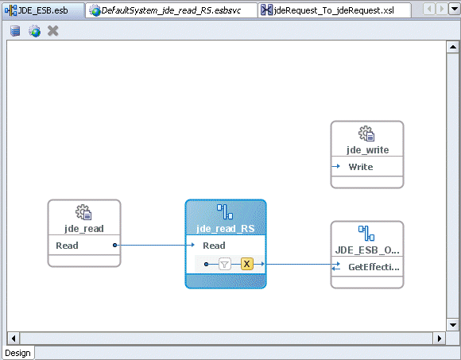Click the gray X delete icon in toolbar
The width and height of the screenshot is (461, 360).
[53, 31]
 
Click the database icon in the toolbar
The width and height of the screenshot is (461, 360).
[16, 31]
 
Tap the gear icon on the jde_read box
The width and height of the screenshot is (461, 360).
[83, 212]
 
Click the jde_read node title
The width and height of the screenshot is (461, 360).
[83, 229]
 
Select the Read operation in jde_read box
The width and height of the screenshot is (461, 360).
[68, 246]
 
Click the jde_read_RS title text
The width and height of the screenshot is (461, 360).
[225, 229]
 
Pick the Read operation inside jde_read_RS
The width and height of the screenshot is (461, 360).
[215, 246]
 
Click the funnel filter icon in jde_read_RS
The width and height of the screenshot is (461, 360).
[224, 264]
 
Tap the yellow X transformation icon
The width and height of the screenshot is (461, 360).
[246, 264]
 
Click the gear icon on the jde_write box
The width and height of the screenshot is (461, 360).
[366, 134]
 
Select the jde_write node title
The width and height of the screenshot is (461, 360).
[367, 150]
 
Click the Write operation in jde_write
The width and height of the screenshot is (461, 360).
[360, 167]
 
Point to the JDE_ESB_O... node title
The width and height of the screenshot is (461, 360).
[367, 250]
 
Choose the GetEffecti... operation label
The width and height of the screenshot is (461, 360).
[374, 267]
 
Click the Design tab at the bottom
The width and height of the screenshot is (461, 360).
[17, 353]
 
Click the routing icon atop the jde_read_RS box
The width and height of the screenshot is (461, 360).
[225, 211]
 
